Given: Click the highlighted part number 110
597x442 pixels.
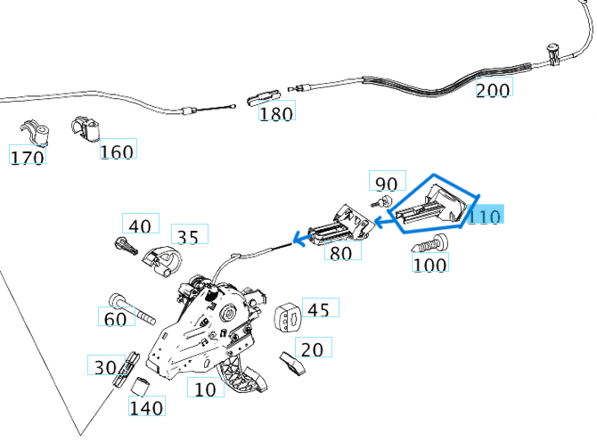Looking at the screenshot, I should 486,217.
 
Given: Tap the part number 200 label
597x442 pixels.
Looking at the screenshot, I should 493,90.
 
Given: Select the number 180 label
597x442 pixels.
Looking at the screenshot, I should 276,113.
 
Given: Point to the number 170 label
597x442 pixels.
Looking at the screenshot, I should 27,158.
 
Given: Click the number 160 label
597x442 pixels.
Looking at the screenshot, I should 117,151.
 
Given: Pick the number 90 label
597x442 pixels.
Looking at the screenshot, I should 386,184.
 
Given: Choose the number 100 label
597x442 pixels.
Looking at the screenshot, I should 430,263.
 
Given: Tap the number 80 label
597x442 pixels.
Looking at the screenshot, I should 341,253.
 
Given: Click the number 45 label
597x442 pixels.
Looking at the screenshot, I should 318,309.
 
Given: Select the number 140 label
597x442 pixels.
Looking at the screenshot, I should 146,408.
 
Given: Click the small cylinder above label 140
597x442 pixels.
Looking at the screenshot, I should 139,387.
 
